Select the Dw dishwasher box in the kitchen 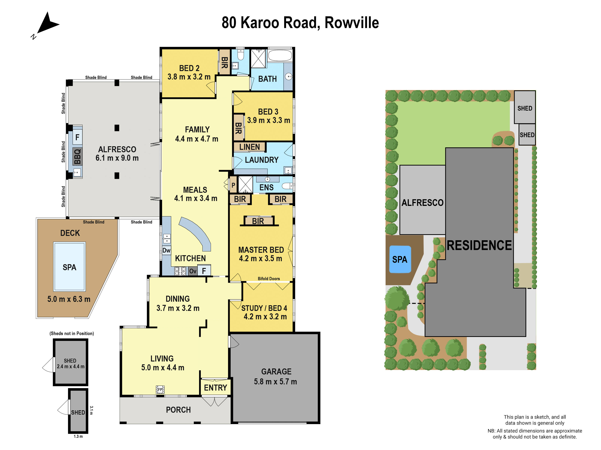pyautogui.click(x=166, y=250)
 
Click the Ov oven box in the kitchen pyautogui.click(x=193, y=271)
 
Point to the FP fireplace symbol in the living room pyautogui.click(x=160, y=389)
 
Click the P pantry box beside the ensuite pyautogui.click(x=233, y=185)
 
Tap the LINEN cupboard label pyautogui.click(x=249, y=147)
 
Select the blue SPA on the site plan pyautogui.click(x=400, y=259)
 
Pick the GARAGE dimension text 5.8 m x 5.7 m pyautogui.click(x=275, y=382)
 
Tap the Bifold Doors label pyautogui.click(x=269, y=279)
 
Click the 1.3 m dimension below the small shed pyautogui.click(x=78, y=436)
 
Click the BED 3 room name pyautogui.click(x=268, y=112)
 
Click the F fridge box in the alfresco pyautogui.click(x=77, y=137)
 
